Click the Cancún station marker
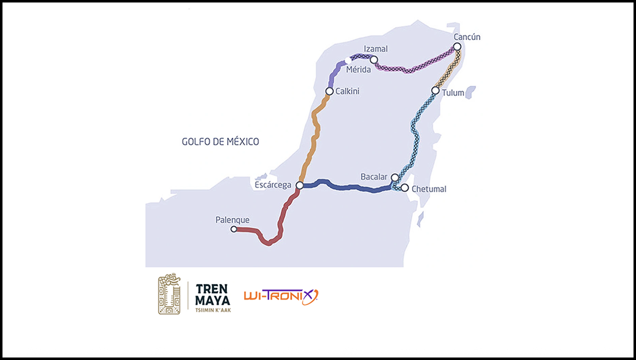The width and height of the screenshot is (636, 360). click(457, 47)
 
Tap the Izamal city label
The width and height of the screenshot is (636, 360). click(376, 49)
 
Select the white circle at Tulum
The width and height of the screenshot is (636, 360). click(435, 90)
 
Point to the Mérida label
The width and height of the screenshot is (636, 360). click(358, 70)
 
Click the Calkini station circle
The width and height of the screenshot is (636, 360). click(329, 91)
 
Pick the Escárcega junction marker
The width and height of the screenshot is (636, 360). click(299, 185)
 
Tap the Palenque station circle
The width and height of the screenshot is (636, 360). click(234, 229)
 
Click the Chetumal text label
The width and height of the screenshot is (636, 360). click(429, 189)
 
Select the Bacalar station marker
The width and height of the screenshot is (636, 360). click(395, 178)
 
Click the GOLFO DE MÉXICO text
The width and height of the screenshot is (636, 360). click(220, 142)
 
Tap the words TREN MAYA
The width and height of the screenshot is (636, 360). click(213, 294)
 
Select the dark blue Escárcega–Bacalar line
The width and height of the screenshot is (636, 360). click(348, 187)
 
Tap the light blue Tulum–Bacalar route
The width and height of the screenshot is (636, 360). click(415, 134)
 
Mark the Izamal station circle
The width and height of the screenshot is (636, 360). click(374, 60)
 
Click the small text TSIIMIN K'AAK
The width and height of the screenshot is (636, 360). click(213, 310)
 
